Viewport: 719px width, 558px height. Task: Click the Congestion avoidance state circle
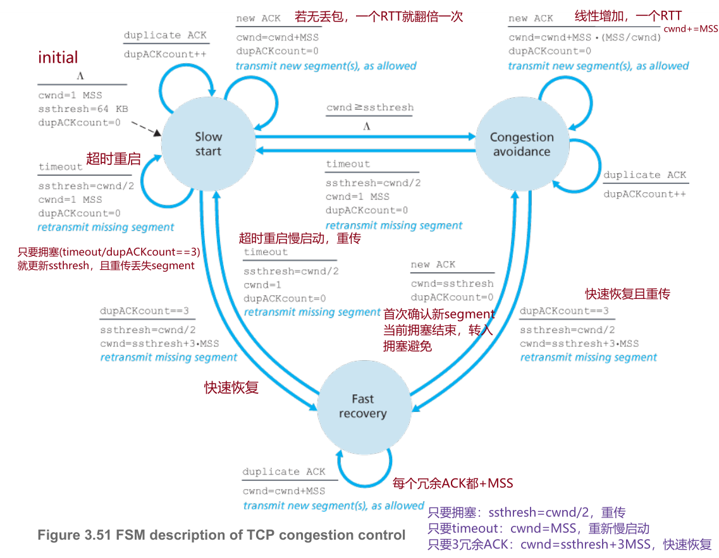pos(521,145)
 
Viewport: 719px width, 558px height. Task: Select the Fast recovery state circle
pos(362,406)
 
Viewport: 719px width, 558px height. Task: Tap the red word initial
pos(58,58)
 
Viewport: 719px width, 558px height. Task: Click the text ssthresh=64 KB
pos(83,109)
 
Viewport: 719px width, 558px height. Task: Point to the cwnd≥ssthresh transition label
pos(370,107)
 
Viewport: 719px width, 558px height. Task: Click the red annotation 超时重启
pos(113,159)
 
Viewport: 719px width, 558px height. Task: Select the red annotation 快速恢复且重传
pos(627,294)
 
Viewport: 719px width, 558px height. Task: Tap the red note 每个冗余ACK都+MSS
pos(453,483)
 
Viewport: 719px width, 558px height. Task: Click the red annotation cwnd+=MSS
pos(690,29)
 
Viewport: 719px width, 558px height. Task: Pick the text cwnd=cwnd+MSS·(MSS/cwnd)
pos(585,37)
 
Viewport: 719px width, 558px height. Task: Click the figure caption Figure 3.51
pos(221,535)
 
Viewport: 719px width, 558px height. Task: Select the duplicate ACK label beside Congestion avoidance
pos(644,175)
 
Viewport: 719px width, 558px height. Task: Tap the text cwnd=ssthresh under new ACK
pos(452,283)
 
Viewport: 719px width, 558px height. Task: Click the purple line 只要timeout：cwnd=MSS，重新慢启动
pos(539,528)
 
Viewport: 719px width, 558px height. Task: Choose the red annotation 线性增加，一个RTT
pos(628,16)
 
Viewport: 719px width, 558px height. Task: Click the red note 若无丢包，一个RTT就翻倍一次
pos(379,16)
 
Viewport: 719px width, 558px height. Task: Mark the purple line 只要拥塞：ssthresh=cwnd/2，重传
pos(526,513)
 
